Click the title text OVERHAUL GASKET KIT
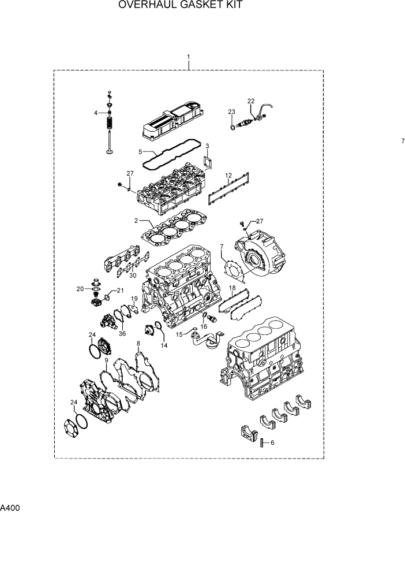180,6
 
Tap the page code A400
10,509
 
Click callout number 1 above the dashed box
189,57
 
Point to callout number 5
140,151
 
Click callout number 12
228,175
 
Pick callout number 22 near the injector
251,101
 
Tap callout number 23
231,111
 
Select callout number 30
133,276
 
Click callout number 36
122,333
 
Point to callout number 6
272,442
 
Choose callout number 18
232,288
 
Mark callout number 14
164,345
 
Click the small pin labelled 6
261,443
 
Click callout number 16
204,326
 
